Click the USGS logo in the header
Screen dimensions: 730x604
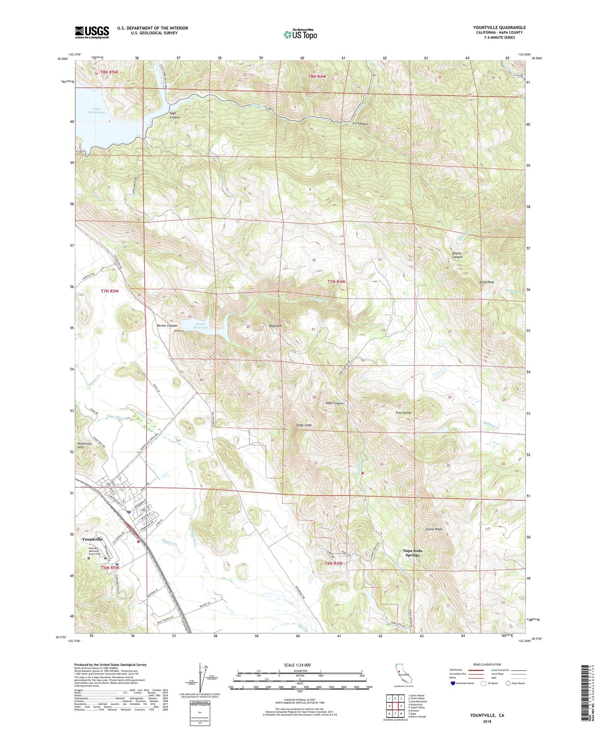pyautogui.click(x=92, y=32)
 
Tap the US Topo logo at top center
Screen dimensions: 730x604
pyautogui.click(x=300, y=34)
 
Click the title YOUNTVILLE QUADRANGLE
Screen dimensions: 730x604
pyautogui.click(x=500, y=28)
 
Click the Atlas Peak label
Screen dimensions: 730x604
pyautogui.click(x=487, y=282)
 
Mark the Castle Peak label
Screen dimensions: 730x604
pyautogui.click(x=433, y=529)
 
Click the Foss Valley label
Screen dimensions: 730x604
pyautogui.click(x=403, y=413)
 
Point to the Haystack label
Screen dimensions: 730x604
pyautogui.click(x=275, y=326)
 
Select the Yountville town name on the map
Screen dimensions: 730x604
pyautogui.click(x=92, y=539)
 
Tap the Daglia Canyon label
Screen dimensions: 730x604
pyautogui.click(x=458, y=255)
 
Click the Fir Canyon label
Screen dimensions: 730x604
pyautogui.click(x=360, y=124)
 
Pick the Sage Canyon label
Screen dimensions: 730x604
pyautogui.click(x=175, y=115)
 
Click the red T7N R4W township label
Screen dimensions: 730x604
pyautogui.click(x=337, y=282)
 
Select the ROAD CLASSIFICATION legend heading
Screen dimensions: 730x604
pyautogui.click(x=487, y=664)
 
